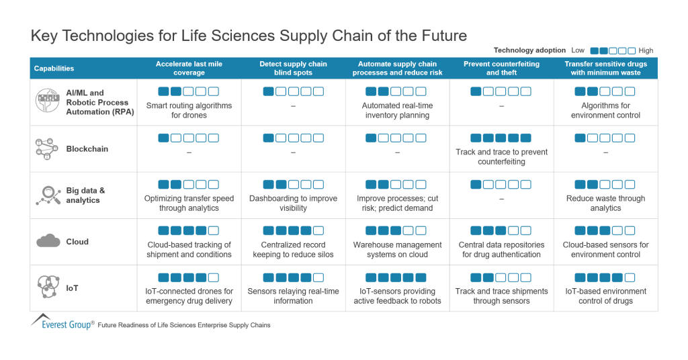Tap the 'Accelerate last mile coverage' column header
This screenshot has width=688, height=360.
[x=189, y=69]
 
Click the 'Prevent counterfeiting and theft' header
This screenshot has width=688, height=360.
[x=501, y=69]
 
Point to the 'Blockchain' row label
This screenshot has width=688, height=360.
[x=87, y=149]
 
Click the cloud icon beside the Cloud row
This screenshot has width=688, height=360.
[x=48, y=241]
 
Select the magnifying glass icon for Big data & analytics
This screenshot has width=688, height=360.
[x=48, y=195]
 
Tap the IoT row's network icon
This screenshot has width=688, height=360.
[x=48, y=288]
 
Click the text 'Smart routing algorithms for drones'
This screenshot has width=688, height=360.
[x=189, y=110]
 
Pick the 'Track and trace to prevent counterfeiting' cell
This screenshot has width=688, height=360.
[x=501, y=156]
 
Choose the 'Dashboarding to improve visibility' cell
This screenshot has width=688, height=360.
[x=293, y=203]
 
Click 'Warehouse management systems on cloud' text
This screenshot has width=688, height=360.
[x=397, y=249]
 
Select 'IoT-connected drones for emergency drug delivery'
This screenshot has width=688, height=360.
[x=189, y=296]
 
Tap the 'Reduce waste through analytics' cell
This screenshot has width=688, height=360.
[x=605, y=203]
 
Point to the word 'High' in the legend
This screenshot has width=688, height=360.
[x=646, y=50]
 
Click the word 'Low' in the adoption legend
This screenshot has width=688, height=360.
[x=578, y=50]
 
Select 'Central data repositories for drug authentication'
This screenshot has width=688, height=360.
[x=501, y=249]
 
